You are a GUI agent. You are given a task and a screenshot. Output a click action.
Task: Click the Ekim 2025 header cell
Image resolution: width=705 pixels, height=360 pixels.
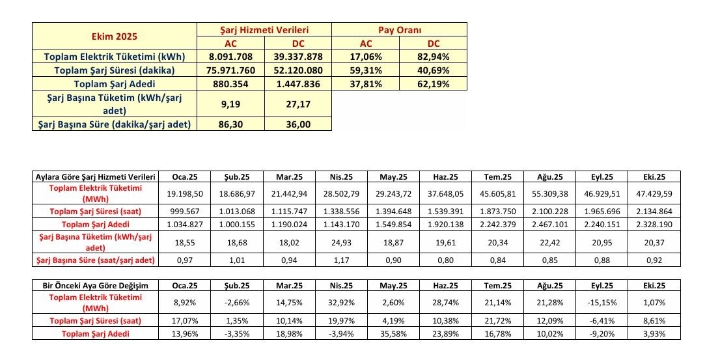[x=115, y=36]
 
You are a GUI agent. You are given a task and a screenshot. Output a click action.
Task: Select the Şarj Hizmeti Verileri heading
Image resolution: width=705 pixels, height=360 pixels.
[x=264, y=30]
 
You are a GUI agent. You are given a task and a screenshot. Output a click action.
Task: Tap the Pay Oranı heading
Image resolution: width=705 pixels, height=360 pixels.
[x=399, y=30]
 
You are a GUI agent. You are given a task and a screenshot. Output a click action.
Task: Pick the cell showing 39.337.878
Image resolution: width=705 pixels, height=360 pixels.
[x=297, y=57]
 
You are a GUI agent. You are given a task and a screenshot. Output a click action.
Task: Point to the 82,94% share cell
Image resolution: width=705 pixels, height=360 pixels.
[x=433, y=57]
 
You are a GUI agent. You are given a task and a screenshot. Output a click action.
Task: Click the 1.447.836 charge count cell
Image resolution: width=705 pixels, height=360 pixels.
[x=297, y=84]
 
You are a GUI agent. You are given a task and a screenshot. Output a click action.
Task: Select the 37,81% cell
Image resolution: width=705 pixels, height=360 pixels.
[x=365, y=84]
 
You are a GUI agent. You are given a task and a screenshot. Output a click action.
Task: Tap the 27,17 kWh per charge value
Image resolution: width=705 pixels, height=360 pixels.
[x=297, y=104]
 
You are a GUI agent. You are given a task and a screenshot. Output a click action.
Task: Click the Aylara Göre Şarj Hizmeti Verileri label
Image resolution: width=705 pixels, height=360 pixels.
[x=95, y=176]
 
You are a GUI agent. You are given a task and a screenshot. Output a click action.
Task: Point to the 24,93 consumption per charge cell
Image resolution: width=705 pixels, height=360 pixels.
[x=342, y=243]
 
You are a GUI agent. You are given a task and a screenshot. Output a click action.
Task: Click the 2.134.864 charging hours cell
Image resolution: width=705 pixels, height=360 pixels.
[x=654, y=212]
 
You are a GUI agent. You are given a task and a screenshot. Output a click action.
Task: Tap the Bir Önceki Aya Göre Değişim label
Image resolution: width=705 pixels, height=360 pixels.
[x=95, y=286]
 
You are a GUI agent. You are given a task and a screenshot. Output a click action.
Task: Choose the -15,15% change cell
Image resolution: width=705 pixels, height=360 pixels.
[x=602, y=303]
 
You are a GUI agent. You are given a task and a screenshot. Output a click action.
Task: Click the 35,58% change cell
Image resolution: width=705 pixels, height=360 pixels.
[x=394, y=334]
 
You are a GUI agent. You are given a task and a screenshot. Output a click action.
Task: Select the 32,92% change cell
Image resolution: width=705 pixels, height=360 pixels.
[x=342, y=303]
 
